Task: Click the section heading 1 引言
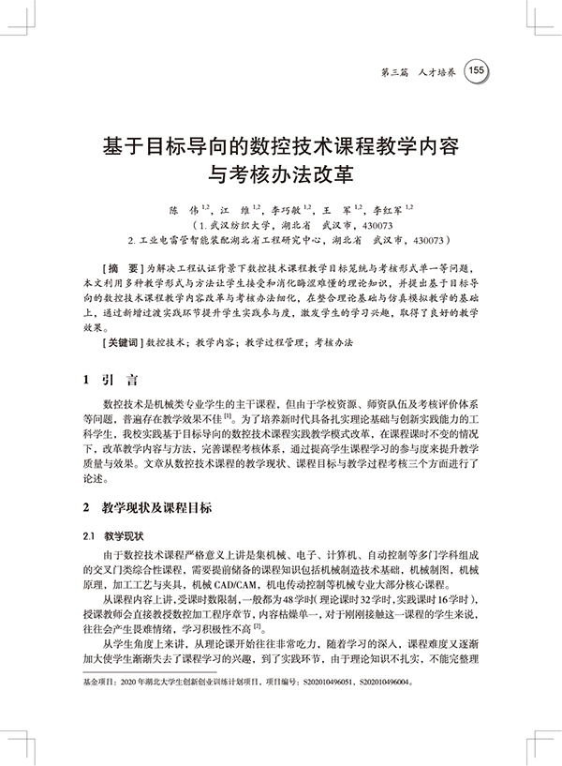click(110, 381)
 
